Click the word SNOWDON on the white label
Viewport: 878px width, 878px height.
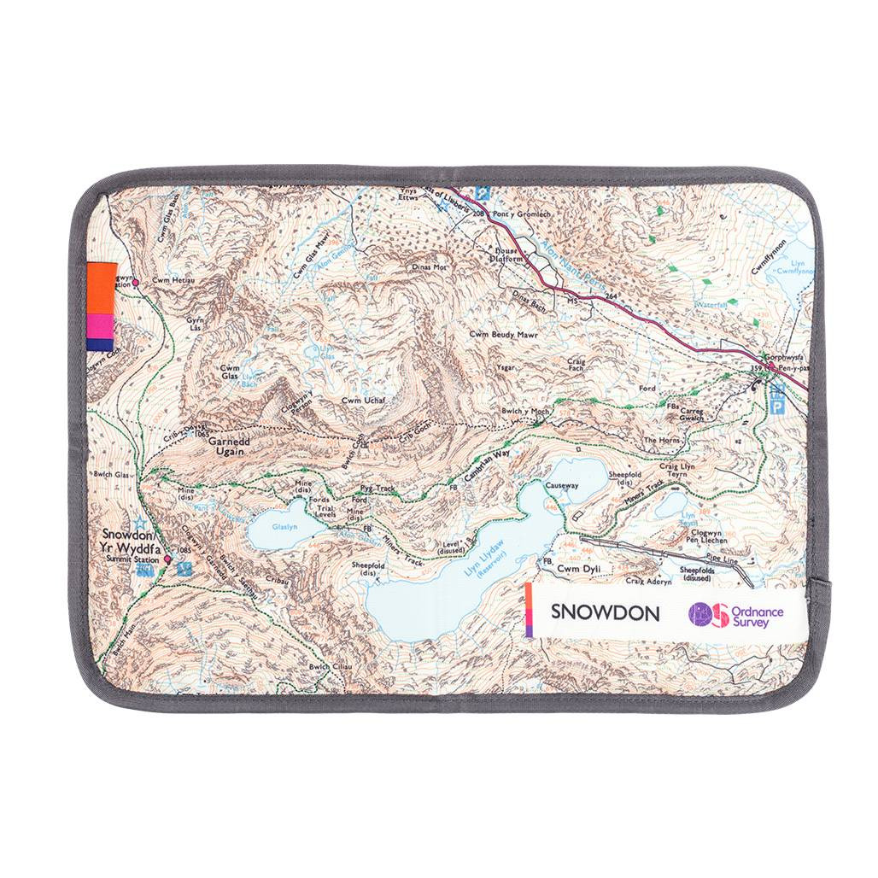click(605, 612)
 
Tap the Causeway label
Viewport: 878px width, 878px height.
click(561, 485)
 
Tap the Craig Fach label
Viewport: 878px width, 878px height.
click(577, 366)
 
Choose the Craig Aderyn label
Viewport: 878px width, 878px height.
click(649, 581)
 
